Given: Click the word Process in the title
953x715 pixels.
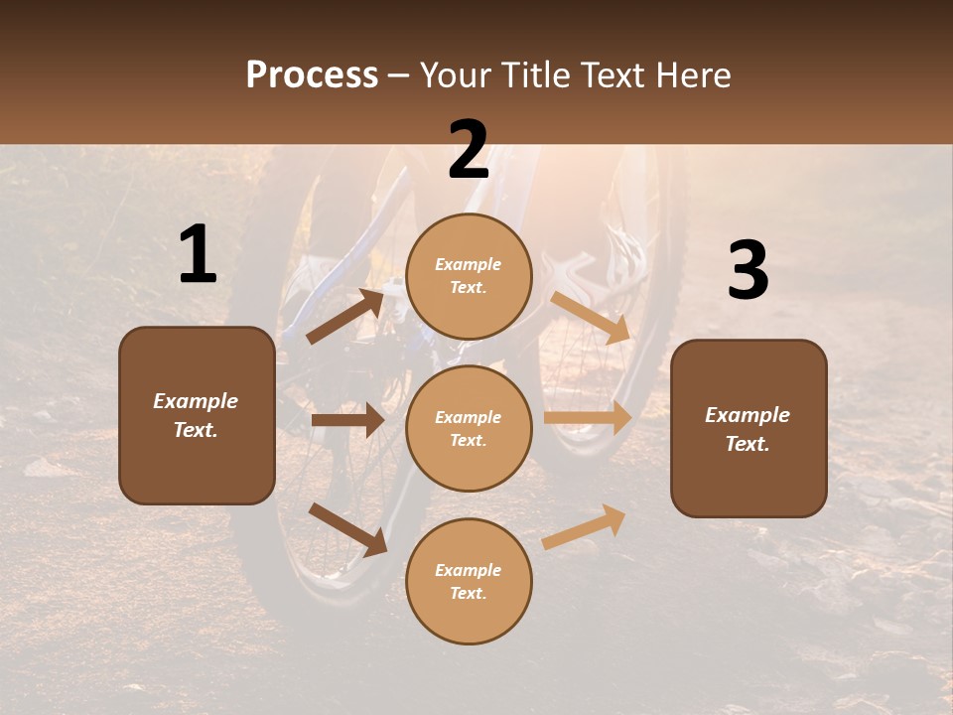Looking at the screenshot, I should click(x=312, y=75).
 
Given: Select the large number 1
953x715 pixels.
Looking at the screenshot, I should click(x=198, y=254).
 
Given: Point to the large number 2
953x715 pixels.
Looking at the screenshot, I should click(x=469, y=150).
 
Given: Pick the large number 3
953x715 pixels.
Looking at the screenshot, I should click(x=748, y=271).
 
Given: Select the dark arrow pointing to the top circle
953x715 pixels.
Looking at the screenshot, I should click(x=345, y=316).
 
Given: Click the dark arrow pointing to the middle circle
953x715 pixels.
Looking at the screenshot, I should click(x=347, y=420).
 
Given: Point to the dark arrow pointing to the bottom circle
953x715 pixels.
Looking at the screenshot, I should click(x=347, y=528).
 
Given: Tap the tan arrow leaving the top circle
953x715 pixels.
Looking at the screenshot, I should click(x=592, y=318).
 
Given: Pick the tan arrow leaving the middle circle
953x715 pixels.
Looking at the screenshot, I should click(x=588, y=418).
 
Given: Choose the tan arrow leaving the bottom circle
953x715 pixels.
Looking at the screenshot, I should click(x=584, y=526).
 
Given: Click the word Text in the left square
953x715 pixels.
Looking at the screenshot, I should click(x=196, y=430).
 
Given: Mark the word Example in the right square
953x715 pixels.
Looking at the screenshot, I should click(x=748, y=415).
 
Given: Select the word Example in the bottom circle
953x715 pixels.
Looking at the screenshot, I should click(x=469, y=570).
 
